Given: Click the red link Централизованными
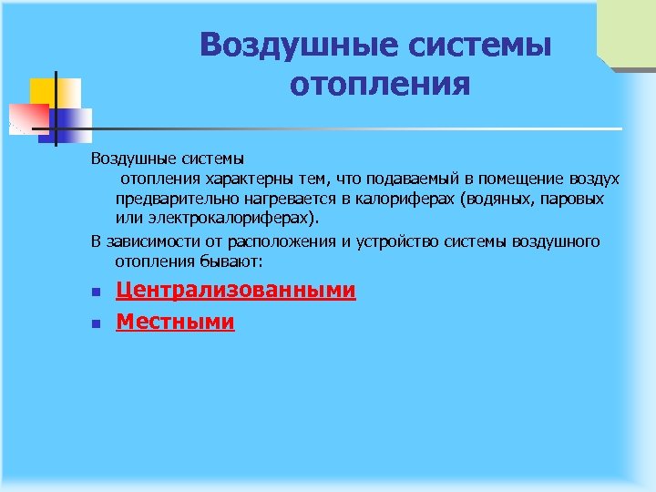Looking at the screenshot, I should [x=235, y=291].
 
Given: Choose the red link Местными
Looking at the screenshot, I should [x=175, y=322].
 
